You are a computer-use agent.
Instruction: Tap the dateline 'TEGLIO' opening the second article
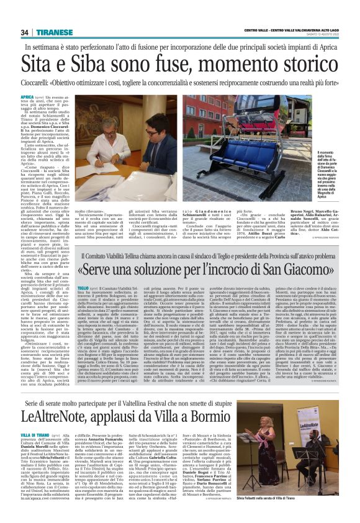[83, 289]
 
